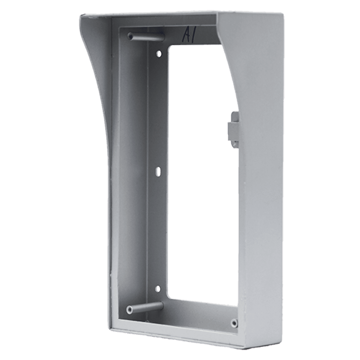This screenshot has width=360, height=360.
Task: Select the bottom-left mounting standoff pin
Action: click(x=145, y=307)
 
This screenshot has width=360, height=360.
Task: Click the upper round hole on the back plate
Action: click(x=159, y=54)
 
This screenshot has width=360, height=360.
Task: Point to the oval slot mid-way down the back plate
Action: click(x=158, y=171)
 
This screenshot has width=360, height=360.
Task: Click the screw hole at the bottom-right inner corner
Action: click(x=234, y=323)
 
